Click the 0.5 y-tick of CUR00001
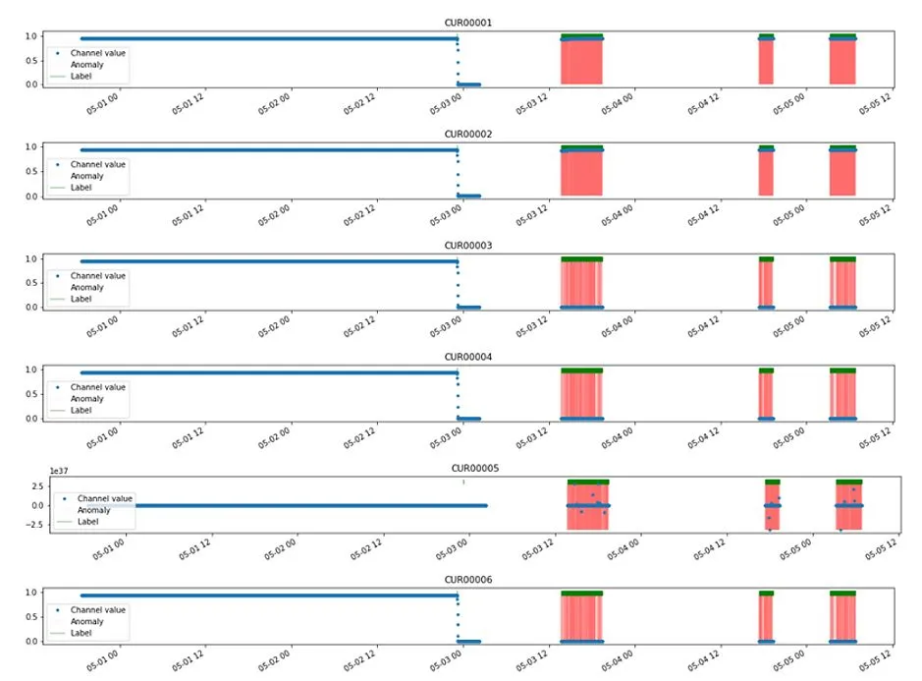click(x=32, y=60)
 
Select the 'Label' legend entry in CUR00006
click(x=81, y=633)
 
